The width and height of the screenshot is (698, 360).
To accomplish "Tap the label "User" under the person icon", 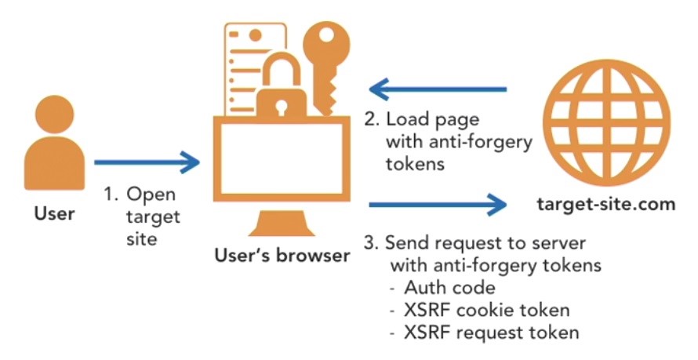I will click(49, 212).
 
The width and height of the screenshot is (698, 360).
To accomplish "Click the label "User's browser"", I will click(279, 255).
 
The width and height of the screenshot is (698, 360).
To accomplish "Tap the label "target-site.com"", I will click(605, 205).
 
